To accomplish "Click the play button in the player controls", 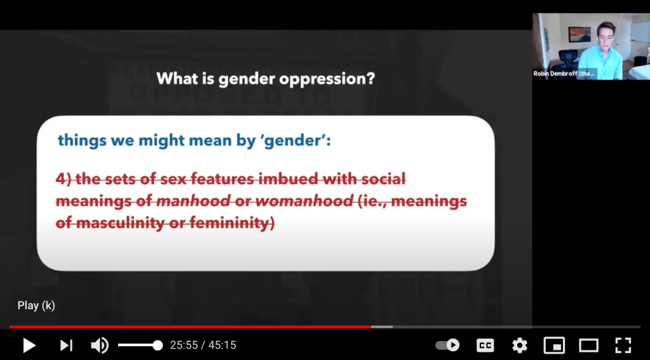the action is pyautogui.click(x=29, y=345).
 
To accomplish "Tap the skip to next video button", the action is pyautogui.click(x=66, y=345).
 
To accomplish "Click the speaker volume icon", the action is pyautogui.click(x=100, y=345).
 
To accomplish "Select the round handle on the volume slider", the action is pyautogui.click(x=158, y=345).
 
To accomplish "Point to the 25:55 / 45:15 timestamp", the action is pyautogui.click(x=203, y=345).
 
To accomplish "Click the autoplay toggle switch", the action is pyautogui.click(x=447, y=345).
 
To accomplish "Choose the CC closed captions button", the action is pyautogui.click(x=485, y=345).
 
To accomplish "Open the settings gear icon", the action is pyautogui.click(x=519, y=345).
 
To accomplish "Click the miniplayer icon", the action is pyautogui.click(x=554, y=345).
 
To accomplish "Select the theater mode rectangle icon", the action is pyautogui.click(x=588, y=345).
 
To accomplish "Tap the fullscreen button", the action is pyautogui.click(x=623, y=345).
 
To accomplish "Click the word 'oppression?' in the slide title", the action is pyautogui.click(x=327, y=79).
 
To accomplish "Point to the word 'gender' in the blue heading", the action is pyautogui.click(x=293, y=141).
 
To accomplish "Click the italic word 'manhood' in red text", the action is pyautogui.click(x=193, y=201).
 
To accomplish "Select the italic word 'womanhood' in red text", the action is pyautogui.click(x=304, y=201).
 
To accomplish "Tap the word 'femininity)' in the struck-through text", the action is pyautogui.click(x=232, y=223).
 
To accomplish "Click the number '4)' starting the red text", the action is pyautogui.click(x=64, y=179).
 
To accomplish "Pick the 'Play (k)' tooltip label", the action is pyautogui.click(x=36, y=305).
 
